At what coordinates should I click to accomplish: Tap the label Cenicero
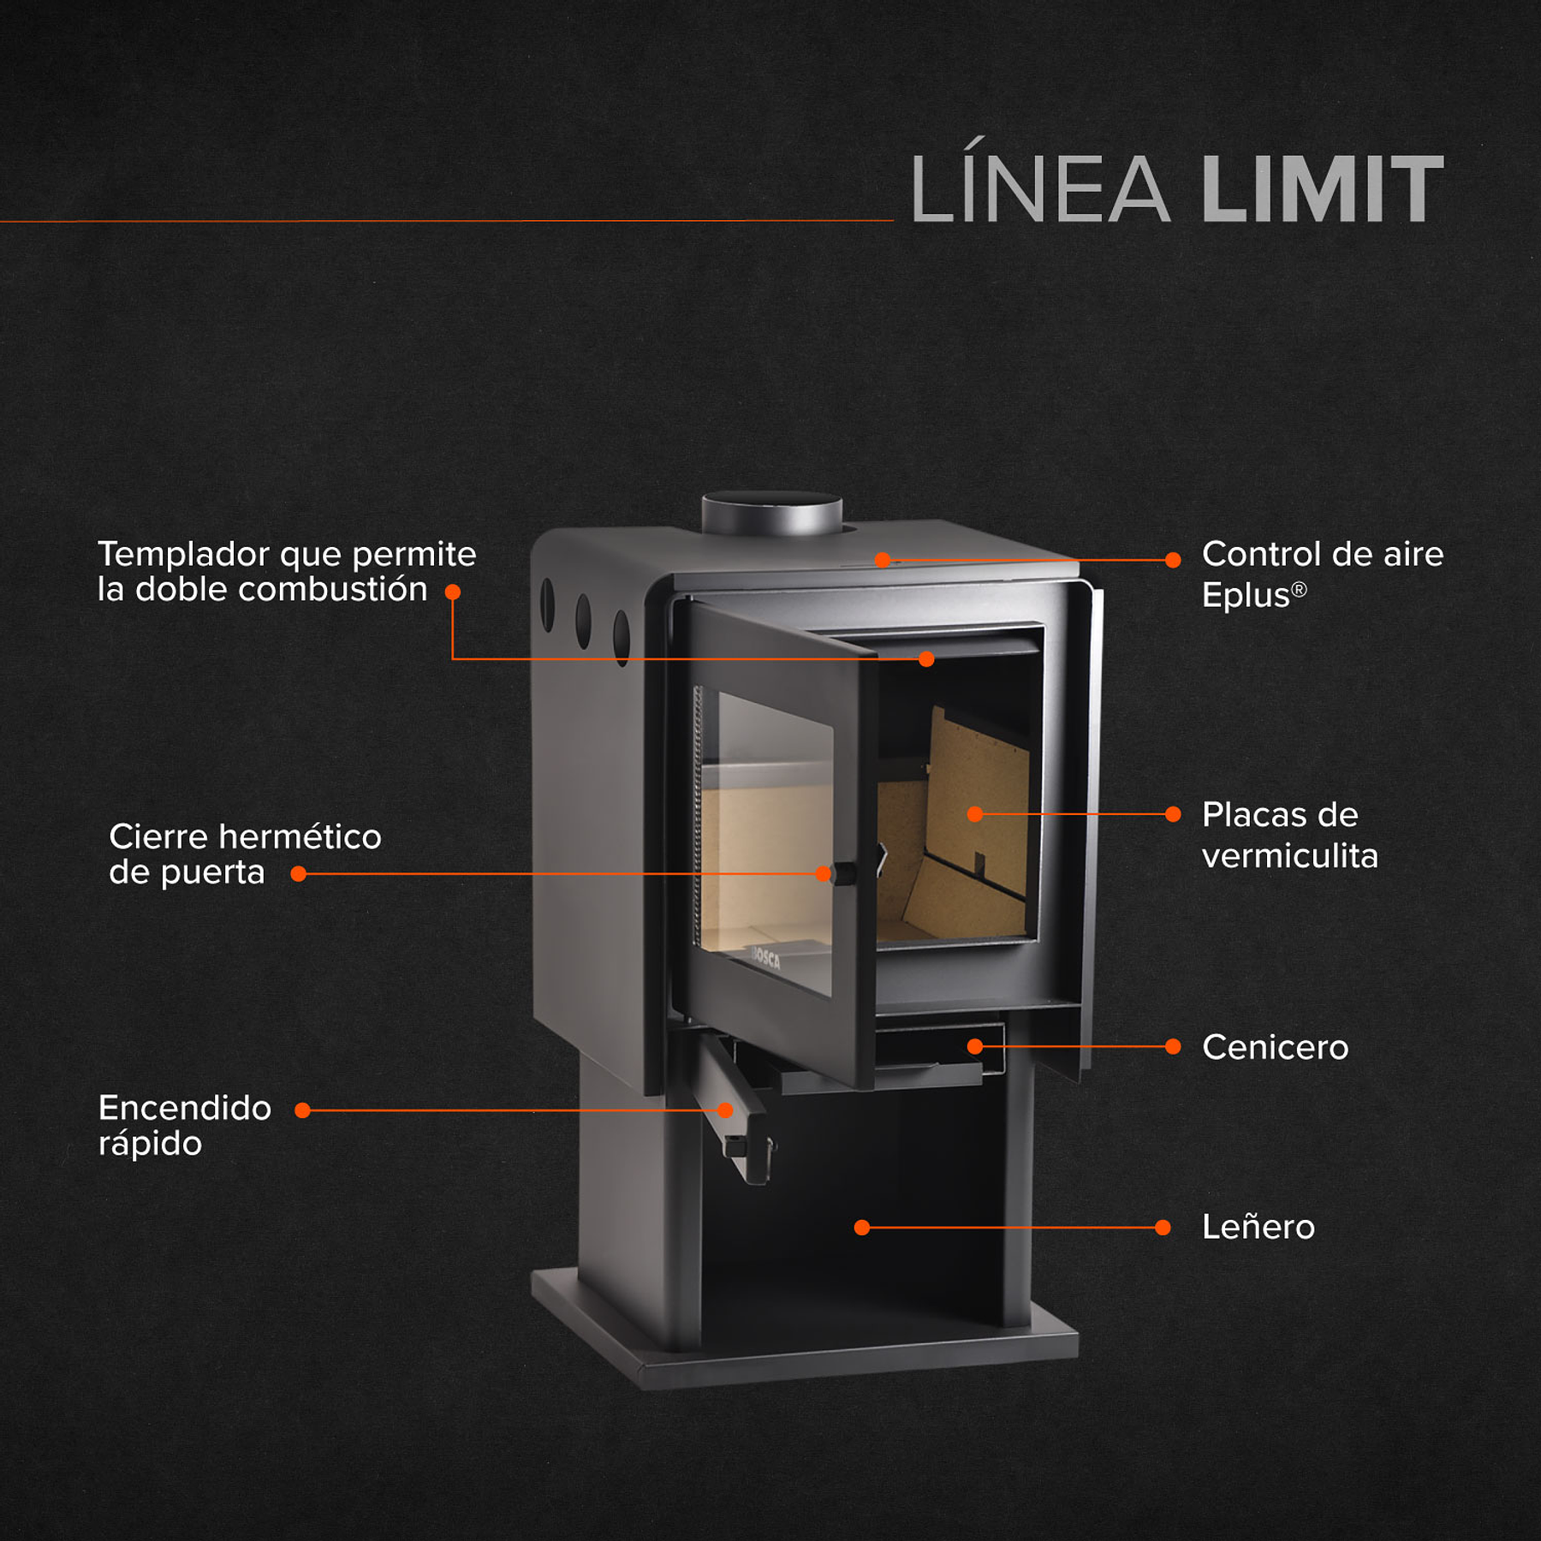tap(1275, 1047)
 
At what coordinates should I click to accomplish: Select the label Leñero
tap(1258, 1227)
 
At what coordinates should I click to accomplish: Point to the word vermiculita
tap(1289, 856)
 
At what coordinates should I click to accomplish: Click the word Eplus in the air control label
tap(1245, 595)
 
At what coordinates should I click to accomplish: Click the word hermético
tap(300, 836)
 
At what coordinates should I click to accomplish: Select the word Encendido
tap(185, 1108)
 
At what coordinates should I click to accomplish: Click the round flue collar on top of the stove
tap(771, 513)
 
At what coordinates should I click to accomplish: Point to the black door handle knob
tap(844, 873)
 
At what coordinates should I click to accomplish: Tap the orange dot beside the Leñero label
tap(1163, 1228)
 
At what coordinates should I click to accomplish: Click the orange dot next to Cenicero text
tap(1173, 1046)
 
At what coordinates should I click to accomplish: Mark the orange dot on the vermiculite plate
tap(975, 814)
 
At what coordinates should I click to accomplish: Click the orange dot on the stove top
tap(883, 560)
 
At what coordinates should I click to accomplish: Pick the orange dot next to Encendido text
tap(302, 1110)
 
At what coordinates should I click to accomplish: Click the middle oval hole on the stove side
tap(583, 621)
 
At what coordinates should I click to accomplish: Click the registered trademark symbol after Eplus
tap(1299, 589)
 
